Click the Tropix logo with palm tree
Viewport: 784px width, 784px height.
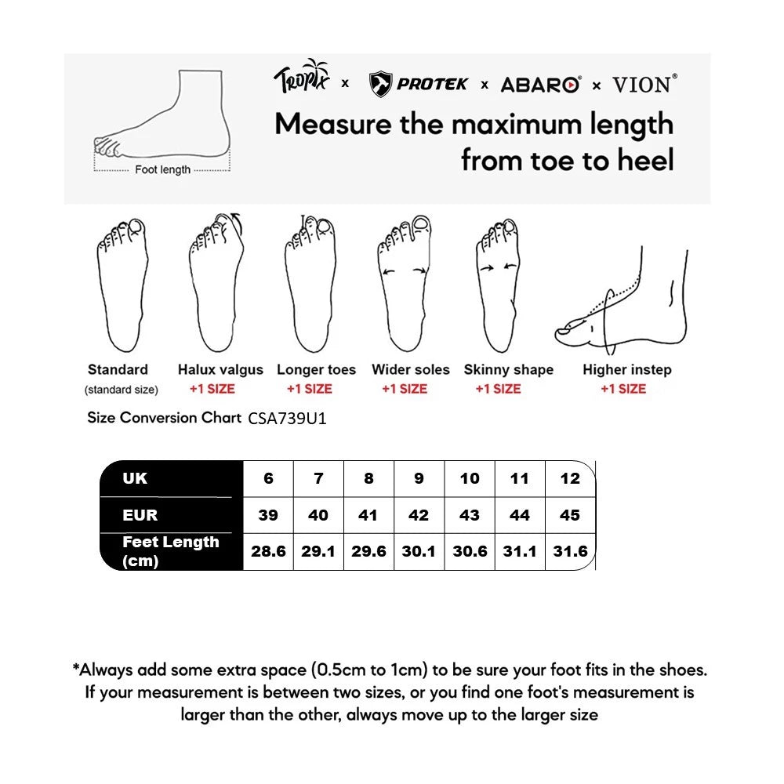click(x=302, y=78)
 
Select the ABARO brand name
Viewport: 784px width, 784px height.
click(x=540, y=85)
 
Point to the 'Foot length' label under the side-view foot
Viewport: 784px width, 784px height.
click(x=162, y=169)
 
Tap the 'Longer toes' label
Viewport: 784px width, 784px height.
click(x=316, y=369)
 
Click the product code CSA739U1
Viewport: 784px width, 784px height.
click(x=287, y=419)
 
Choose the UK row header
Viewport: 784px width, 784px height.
click(x=135, y=478)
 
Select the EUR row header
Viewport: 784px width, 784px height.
click(x=140, y=515)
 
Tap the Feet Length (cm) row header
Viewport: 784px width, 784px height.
click(x=170, y=551)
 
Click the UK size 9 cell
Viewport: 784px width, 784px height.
click(x=419, y=478)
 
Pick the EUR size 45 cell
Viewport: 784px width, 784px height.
click(x=570, y=515)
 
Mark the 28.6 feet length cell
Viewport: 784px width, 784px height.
click(x=268, y=551)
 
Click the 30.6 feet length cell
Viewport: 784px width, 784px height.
click(x=470, y=551)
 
